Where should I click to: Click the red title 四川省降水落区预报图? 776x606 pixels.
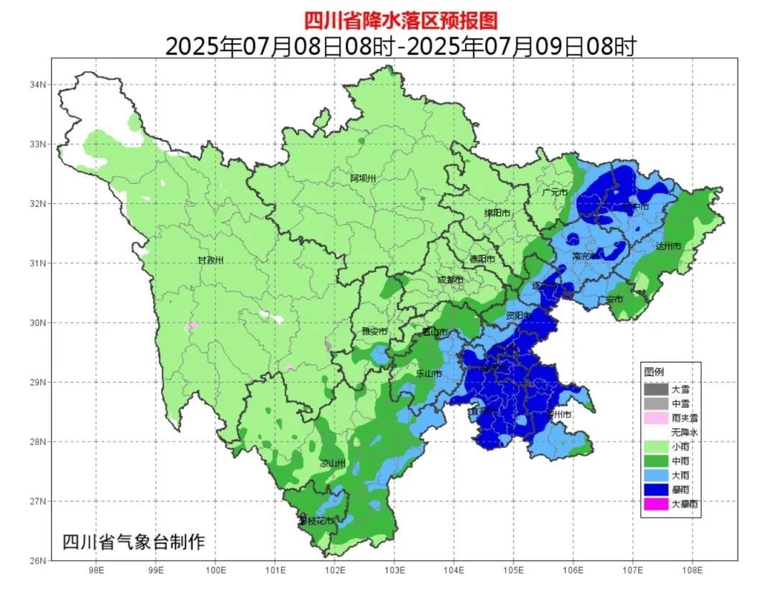[x=400, y=19]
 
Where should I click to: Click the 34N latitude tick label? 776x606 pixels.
[x=38, y=85]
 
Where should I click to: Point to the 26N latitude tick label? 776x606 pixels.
[x=38, y=561]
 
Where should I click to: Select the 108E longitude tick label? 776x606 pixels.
[x=692, y=572]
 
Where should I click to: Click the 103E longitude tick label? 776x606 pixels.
[x=394, y=572]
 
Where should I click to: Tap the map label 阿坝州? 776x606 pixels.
[x=363, y=178]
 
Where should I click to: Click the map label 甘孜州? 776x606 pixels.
[x=211, y=260]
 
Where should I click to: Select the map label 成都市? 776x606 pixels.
[x=451, y=280]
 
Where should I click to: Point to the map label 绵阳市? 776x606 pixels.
[x=497, y=213]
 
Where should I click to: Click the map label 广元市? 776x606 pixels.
[x=555, y=192]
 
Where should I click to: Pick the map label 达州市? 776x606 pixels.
[x=668, y=246]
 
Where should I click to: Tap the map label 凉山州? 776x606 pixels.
[x=333, y=464]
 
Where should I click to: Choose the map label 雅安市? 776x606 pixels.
[x=374, y=331]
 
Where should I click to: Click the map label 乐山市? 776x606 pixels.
[x=430, y=373]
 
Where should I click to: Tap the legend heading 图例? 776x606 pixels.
[x=654, y=372]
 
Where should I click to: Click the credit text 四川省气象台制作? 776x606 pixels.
[x=134, y=541]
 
